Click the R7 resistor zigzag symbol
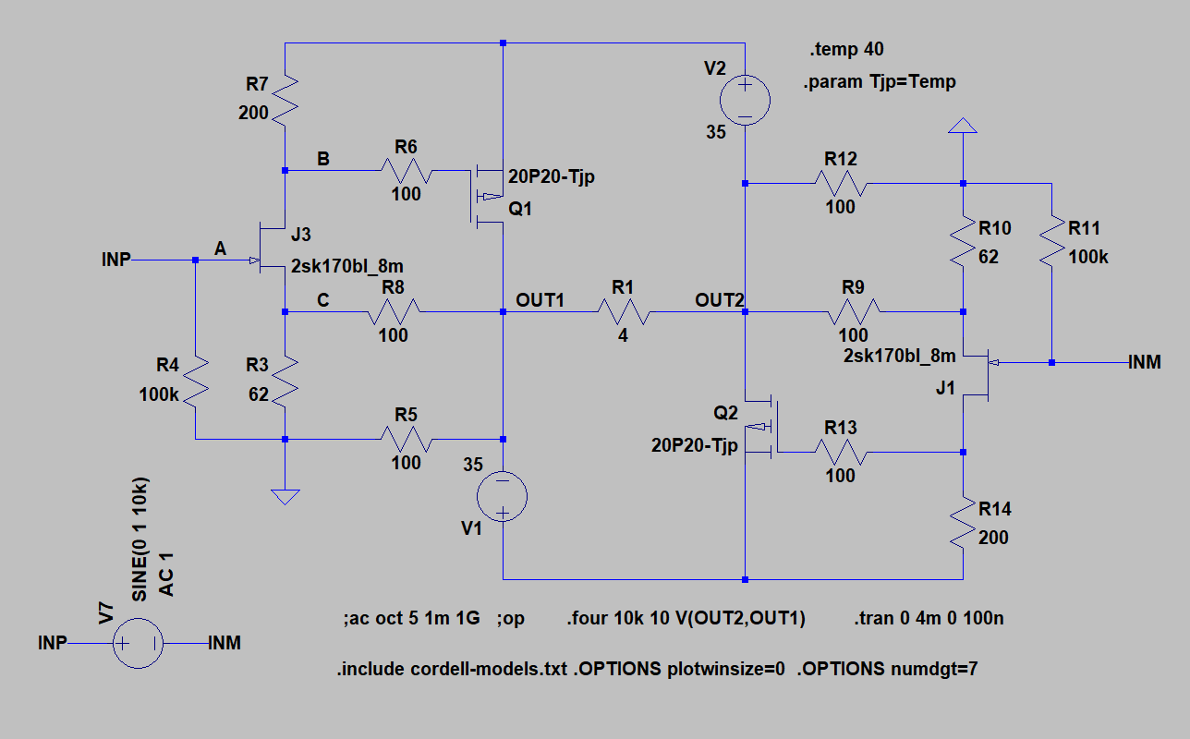tap(285, 101)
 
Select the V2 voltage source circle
tap(745, 100)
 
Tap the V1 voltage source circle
tap(502, 496)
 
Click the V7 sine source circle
tap(139, 643)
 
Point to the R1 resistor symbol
tap(624, 312)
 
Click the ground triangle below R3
tap(285, 497)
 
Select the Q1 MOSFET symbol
tap(487, 197)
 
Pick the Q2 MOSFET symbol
tap(761, 426)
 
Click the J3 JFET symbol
tap(272, 248)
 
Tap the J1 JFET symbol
tap(977, 375)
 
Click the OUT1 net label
tap(540, 300)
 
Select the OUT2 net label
tap(720, 300)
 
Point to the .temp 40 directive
tap(846, 49)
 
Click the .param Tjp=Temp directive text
tap(880, 82)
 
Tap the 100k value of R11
tap(1088, 257)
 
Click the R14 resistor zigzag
tap(963, 522)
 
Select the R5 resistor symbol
tap(407, 440)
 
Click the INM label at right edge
tap(1145, 362)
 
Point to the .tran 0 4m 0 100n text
tap(929, 618)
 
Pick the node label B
tap(323, 159)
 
